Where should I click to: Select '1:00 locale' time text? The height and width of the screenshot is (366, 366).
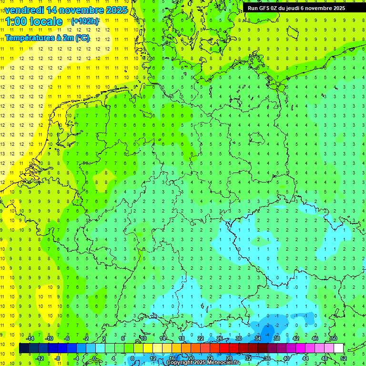pyautogui.click(x=34, y=21)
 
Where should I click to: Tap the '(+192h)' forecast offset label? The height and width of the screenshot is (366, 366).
pyautogui.click(x=85, y=21)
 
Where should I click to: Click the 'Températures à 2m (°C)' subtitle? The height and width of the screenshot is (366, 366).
pyautogui.click(x=47, y=38)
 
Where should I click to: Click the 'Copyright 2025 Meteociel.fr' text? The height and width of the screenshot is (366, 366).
pyautogui.click(x=203, y=363)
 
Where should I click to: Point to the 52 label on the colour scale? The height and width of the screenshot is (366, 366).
pyautogui.click(x=344, y=358)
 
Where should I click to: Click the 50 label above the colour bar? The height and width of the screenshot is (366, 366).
pyautogui.click(x=334, y=338)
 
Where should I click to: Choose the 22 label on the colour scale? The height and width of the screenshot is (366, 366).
pyautogui.click(x=201, y=338)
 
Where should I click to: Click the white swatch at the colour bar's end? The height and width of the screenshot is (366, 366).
pyautogui.click(x=339, y=348)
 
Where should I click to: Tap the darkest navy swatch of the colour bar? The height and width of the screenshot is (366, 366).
pyautogui.click(x=24, y=348)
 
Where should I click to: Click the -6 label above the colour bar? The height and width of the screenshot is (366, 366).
pyautogui.click(x=67, y=338)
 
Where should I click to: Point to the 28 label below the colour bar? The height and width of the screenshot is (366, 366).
pyautogui.click(x=229, y=358)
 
